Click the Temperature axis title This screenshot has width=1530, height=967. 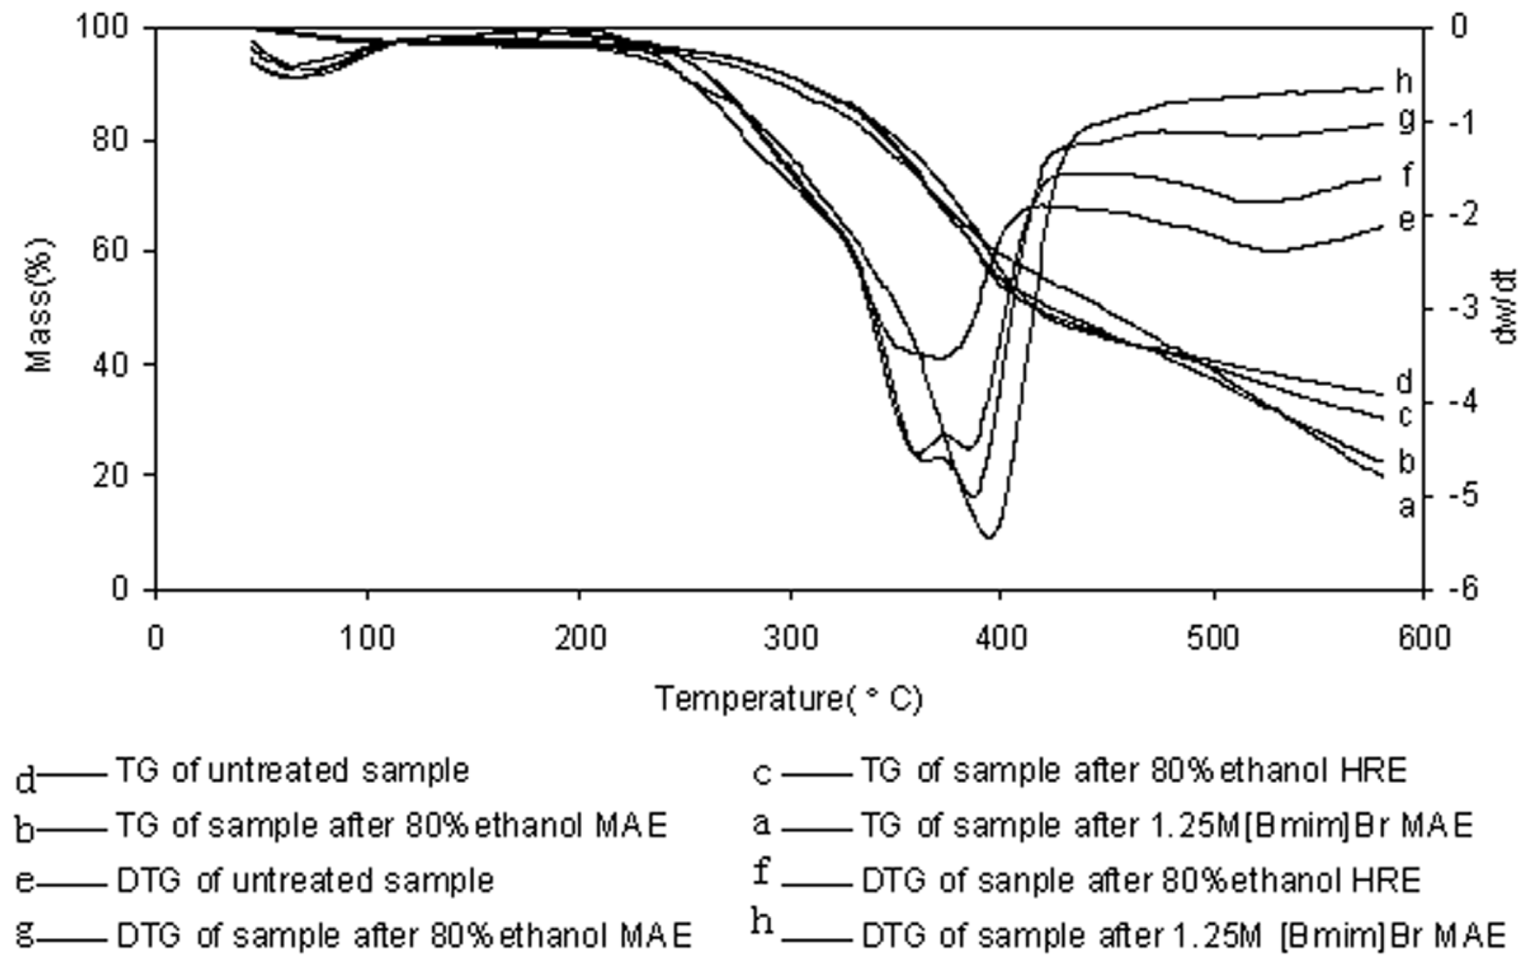click(x=788, y=698)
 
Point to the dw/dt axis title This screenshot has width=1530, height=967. click(x=1506, y=306)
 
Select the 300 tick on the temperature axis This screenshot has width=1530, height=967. click(x=791, y=639)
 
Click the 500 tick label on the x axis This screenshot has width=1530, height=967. click(x=1213, y=639)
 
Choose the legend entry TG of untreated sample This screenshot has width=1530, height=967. click(x=292, y=770)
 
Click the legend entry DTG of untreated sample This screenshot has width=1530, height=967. click(x=305, y=881)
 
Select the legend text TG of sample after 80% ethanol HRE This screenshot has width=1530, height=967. click(x=1134, y=770)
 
